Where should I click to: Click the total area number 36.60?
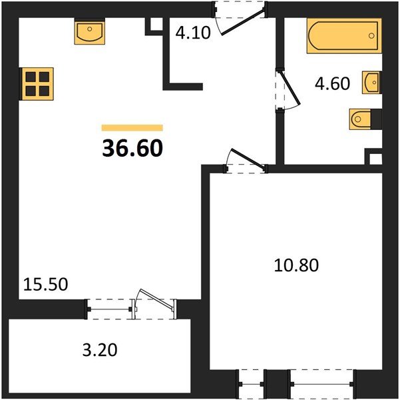pyautogui.click(x=132, y=148)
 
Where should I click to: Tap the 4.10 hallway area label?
pyautogui.click(x=193, y=33)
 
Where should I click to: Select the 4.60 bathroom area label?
pyautogui.click(x=332, y=83)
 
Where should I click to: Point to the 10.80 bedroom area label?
pyautogui.click(x=296, y=265)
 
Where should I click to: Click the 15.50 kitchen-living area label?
pyautogui.click(x=46, y=284)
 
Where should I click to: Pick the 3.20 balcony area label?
pyautogui.click(x=100, y=350)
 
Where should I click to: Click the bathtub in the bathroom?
pyautogui.click(x=344, y=36)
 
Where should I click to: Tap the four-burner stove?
pyautogui.click(x=37, y=84)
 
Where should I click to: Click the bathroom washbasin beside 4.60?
pyautogui.click(x=371, y=82)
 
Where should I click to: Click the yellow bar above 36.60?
pyautogui.click(x=132, y=127)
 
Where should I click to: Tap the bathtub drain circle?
pyautogui.click(x=371, y=36)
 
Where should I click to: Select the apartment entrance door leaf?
pyautogui.click(x=244, y=22)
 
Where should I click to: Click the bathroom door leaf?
pyautogui.click(x=290, y=88)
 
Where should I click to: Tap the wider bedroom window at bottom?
pyautogui.click(x=322, y=384)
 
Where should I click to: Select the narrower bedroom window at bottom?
pyautogui.click(x=252, y=384)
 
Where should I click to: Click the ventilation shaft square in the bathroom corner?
pyautogui.click(x=376, y=159)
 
